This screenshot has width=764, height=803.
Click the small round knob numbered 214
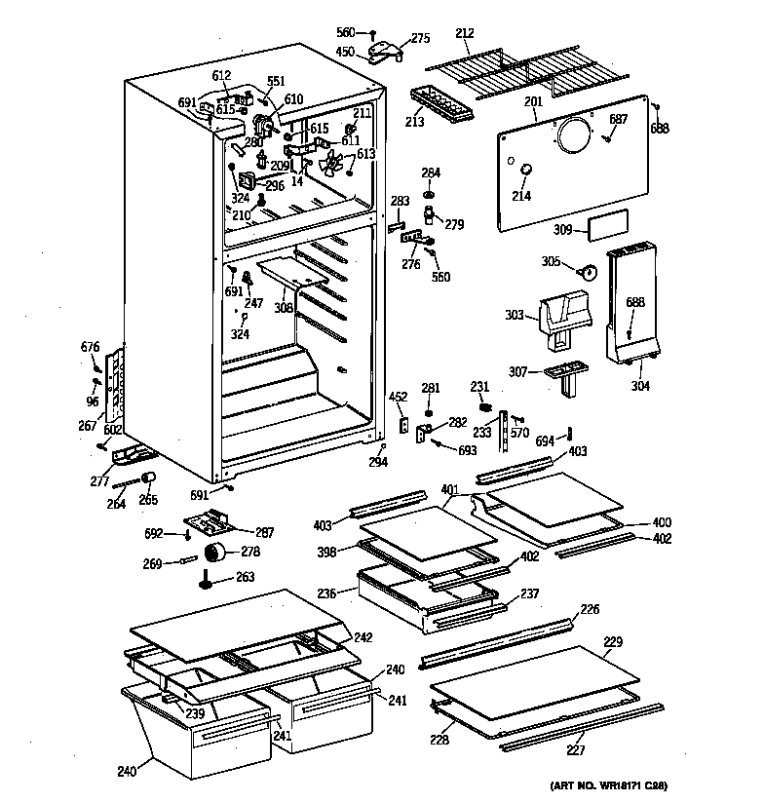(x=526, y=172)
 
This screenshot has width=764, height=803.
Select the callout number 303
(x=514, y=314)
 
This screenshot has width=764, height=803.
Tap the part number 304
(x=639, y=385)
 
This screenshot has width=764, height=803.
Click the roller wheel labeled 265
(x=150, y=477)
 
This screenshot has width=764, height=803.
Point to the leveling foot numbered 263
(x=208, y=582)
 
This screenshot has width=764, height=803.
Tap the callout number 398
(x=326, y=552)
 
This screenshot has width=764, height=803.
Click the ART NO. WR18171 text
(x=605, y=785)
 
